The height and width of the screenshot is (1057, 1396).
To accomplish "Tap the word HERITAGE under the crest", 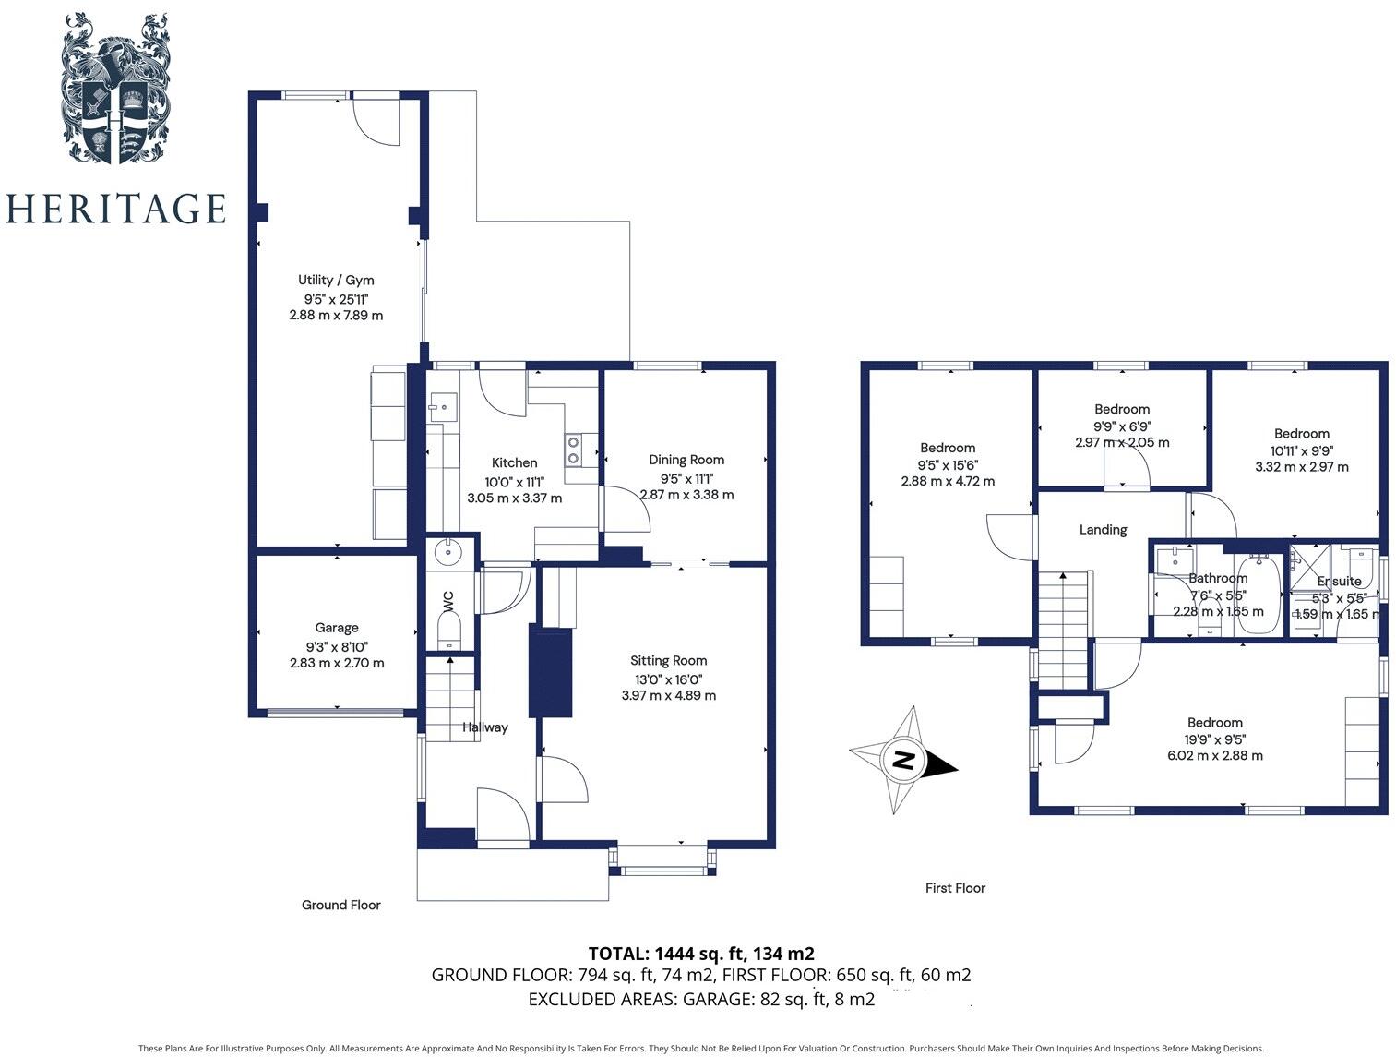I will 115,209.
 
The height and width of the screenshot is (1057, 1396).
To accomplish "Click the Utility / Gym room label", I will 336,280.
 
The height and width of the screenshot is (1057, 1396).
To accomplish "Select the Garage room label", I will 337,628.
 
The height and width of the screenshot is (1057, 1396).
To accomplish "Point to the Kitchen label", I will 514,462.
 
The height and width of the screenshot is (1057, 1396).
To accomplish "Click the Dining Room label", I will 686,460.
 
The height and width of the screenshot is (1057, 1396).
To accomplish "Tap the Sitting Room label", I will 669,660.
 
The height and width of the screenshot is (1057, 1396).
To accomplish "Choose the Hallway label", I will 485,727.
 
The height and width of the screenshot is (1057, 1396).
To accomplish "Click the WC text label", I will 448,601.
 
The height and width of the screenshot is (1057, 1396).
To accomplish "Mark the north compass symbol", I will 903,761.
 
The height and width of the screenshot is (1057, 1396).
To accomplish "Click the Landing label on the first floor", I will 1104,529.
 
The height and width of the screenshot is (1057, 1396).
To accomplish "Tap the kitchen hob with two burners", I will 573,449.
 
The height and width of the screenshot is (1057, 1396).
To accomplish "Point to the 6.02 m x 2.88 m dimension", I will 1215,755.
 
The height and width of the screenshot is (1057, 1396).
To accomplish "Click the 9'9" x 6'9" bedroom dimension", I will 1122,426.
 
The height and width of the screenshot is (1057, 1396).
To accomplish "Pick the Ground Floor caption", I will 341,905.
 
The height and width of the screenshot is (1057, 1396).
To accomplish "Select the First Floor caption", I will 955,888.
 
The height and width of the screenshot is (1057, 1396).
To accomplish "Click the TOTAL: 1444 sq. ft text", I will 701,954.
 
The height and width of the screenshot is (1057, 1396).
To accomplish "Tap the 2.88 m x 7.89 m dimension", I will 336,315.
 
